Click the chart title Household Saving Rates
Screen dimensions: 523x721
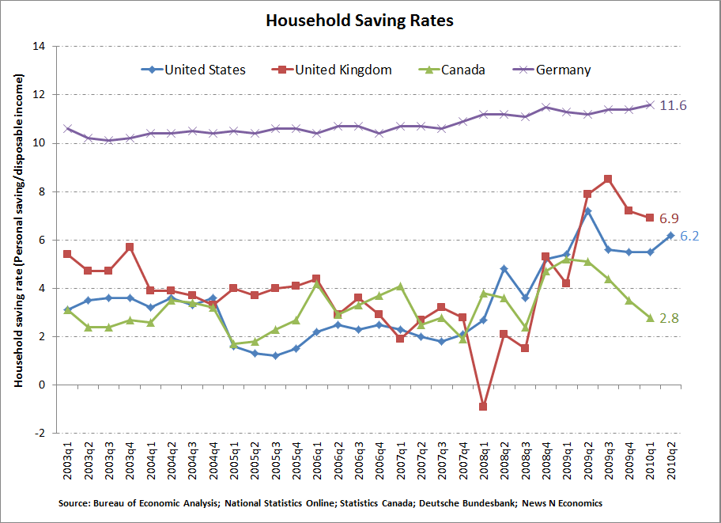[x=360, y=21]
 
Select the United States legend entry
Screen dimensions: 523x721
[x=205, y=70]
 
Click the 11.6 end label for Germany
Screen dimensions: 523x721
[x=673, y=105]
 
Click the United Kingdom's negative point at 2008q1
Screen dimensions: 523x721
[x=483, y=407]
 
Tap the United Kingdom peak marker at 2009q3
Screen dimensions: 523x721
[x=607, y=180]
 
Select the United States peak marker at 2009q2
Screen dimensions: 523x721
[x=587, y=211]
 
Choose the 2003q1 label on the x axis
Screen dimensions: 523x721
[x=69, y=462]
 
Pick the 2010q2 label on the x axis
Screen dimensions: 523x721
[x=670, y=462]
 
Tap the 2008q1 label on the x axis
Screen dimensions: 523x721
[x=483, y=462]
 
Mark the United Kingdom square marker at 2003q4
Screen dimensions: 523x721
[x=130, y=247]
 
